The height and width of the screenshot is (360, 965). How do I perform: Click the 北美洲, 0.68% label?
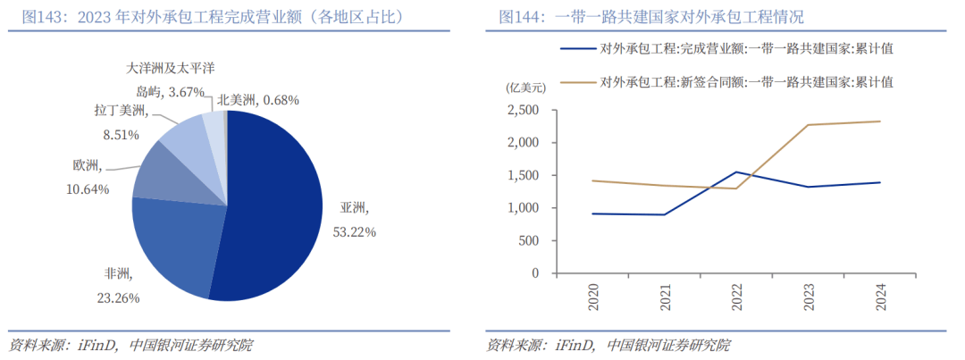(x=258, y=99)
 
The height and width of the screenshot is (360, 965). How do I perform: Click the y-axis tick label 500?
(x=530, y=241)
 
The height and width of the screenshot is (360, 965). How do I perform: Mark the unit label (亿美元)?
(x=526, y=87)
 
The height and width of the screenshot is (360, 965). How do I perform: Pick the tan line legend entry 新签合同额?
(x=746, y=82)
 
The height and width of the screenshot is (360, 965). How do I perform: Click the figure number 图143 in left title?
(x=42, y=17)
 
